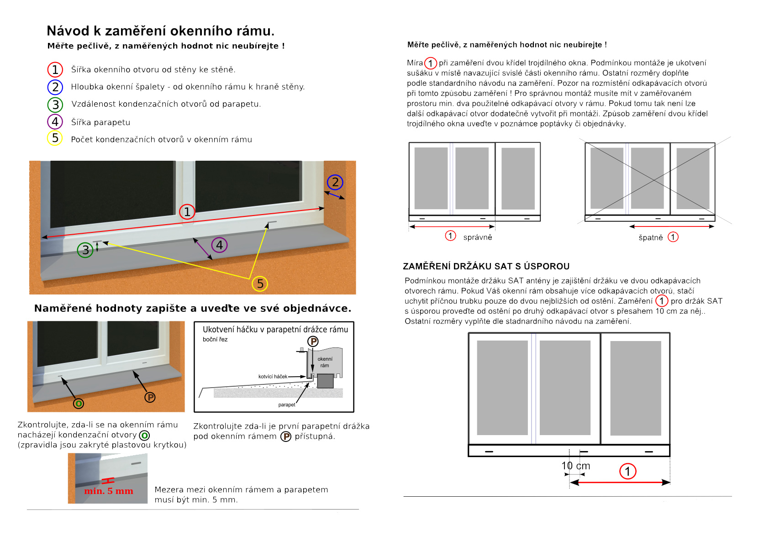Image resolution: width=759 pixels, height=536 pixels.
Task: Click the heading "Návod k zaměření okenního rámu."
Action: pyautogui.click(x=161, y=31)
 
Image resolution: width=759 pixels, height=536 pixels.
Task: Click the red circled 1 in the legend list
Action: pyautogui.click(x=55, y=70)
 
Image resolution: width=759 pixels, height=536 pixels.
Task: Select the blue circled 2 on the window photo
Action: pyautogui.click(x=335, y=182)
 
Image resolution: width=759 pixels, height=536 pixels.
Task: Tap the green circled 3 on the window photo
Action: pyautogui.click(x=85, y=250)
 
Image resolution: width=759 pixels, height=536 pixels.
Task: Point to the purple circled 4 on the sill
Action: pyautogui.click(x=219, y=245)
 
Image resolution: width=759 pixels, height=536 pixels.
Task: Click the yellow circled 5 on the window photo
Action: pyautogui.click(x=260, y=284)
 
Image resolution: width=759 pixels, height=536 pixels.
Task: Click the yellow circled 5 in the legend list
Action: pyautogui.click(x=55, y=138)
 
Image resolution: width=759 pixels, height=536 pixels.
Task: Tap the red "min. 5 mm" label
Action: pyautogui.click(x=109, y=491)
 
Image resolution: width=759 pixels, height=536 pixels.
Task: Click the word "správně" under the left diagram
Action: pyautogui.click(x=478, y=237)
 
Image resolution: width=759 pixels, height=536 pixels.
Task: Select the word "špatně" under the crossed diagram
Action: pyautogui.click(x=650, y=238)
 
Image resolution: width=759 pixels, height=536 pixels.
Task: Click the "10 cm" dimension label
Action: pyautogui.click(x=575, y=466)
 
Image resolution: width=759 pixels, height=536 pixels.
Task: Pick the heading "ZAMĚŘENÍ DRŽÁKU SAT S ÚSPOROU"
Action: pyautogui.click(x=486, y=267)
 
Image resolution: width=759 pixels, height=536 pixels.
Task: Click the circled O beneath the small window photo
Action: pyautogui.click(x=79, y=404)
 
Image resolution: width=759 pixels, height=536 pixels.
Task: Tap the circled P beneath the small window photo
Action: pyautogui.click(x=150, y=397)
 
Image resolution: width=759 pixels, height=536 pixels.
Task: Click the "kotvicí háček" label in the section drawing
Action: pyautogui.click(x=273, y=377)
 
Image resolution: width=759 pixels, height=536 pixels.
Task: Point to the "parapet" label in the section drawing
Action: pyautogui.click(x=287, y=405)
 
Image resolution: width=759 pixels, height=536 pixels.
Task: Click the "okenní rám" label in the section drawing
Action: pyautogui.click(x=325, y=362)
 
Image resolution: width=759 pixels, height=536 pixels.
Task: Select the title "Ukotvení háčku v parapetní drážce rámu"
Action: pyautogui.click(x=275, y=330)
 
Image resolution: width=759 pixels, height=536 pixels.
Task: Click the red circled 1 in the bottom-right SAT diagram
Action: pyautogui.click(x=627, y=471)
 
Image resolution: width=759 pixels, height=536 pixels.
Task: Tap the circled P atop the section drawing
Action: pyautogui.click(x=313, y=341)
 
